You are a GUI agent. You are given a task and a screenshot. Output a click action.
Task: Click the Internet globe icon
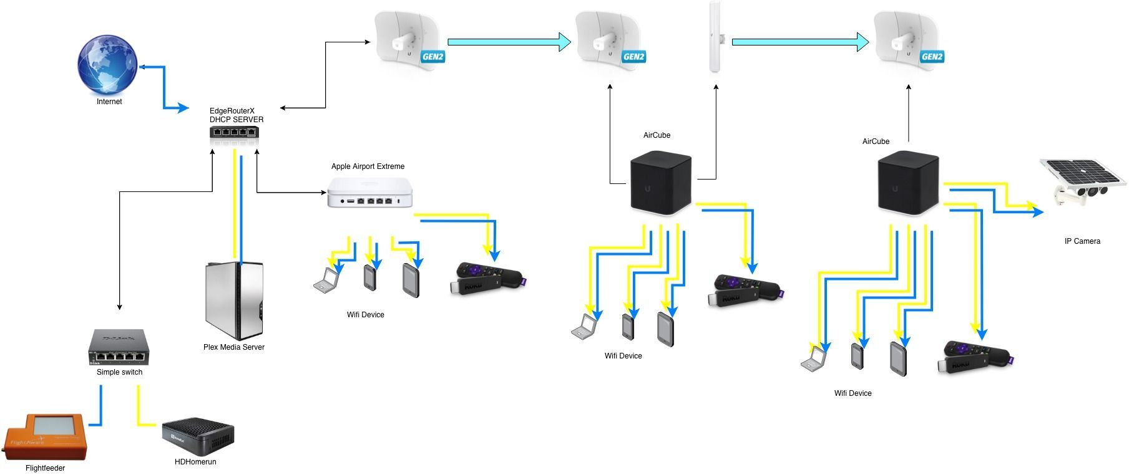click(x=107, y=65)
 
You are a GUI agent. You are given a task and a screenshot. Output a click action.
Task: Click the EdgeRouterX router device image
click(x=234, y=132)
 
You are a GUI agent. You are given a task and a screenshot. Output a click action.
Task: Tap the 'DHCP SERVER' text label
click(x=237, y=120)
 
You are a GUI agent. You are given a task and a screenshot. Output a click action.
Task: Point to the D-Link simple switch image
click(x=119, y=347)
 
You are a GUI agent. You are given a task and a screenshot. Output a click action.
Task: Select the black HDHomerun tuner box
click(x=198, y=438)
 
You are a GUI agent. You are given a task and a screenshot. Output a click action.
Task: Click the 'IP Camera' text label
click(x=1082, y=241)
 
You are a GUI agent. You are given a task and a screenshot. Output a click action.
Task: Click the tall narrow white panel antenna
click(x=715, y=37)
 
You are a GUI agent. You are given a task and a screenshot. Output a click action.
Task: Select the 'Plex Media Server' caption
click(x=233, y=347)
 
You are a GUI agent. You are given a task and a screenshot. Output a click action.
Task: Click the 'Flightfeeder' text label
click(x=45, y=468)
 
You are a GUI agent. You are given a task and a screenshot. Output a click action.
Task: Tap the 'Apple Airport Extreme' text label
click(x=368, y=166)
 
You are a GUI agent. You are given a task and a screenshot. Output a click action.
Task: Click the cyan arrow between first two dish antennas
click(x=509, y=42)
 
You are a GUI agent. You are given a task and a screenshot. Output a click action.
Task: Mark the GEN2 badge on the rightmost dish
click(x=931, y=57)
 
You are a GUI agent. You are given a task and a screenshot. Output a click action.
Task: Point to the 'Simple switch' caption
click(x=119, y=372)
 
